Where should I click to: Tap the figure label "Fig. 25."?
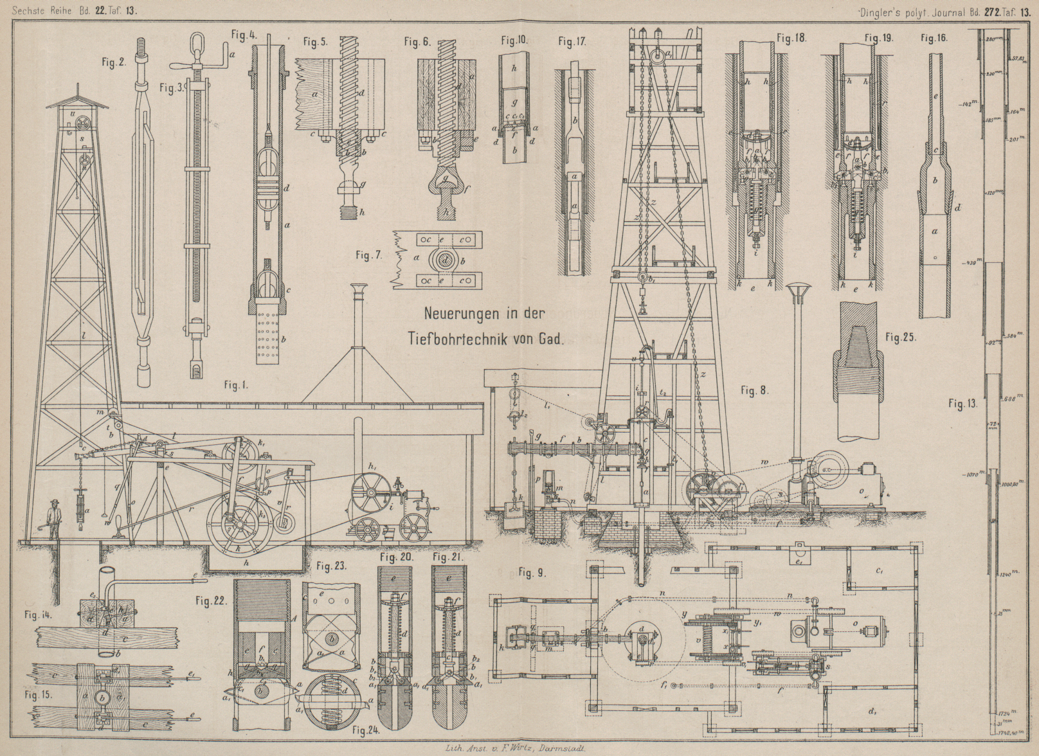[900, 337]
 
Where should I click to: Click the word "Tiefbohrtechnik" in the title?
[464, 341]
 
